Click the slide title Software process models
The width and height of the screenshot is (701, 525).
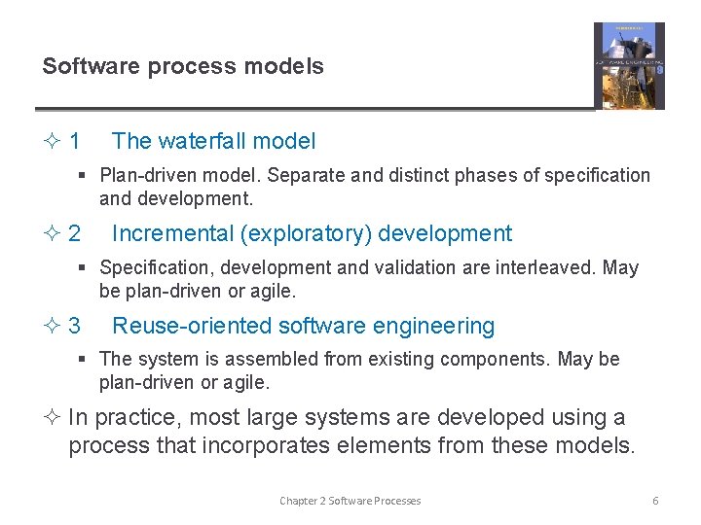(x=183, y=66)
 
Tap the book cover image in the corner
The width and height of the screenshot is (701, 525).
(x=629, y=65)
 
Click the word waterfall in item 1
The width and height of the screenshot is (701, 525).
(x=203, y=141)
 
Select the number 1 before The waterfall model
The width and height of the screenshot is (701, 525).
(x=75, y=141)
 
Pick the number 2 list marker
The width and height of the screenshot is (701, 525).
(x=75, y=233)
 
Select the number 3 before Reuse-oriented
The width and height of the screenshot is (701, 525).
(x=75, y=326)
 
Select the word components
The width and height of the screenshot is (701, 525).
(x=495, y=359)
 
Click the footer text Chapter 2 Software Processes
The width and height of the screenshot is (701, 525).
(x=350, y=500)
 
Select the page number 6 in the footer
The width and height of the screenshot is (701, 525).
(x=655, y=500)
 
